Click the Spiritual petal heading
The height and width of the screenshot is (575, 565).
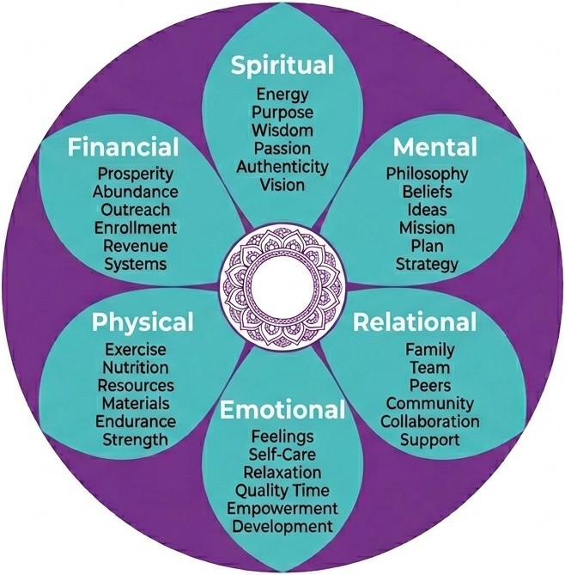282,66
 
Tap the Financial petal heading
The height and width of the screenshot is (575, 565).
124,146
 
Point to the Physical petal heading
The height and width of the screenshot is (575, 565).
143,323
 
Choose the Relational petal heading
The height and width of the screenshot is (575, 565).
415,323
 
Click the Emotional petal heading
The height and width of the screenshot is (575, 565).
282,410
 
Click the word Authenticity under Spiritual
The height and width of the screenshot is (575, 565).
282,166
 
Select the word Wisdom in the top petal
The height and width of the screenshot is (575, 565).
282,130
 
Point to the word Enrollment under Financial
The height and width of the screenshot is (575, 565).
136,228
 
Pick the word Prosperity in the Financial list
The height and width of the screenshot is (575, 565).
136,174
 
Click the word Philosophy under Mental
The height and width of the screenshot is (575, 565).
427,174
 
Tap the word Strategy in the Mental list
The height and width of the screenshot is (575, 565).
427,264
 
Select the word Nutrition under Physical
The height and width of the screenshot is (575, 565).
136,368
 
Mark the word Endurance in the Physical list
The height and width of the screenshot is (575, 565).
136,422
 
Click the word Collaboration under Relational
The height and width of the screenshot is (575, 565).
430,422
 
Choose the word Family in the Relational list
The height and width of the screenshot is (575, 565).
430,350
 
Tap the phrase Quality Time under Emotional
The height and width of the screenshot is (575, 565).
282,490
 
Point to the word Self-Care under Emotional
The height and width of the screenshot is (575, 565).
282,455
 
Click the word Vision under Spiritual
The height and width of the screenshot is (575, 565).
282,184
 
